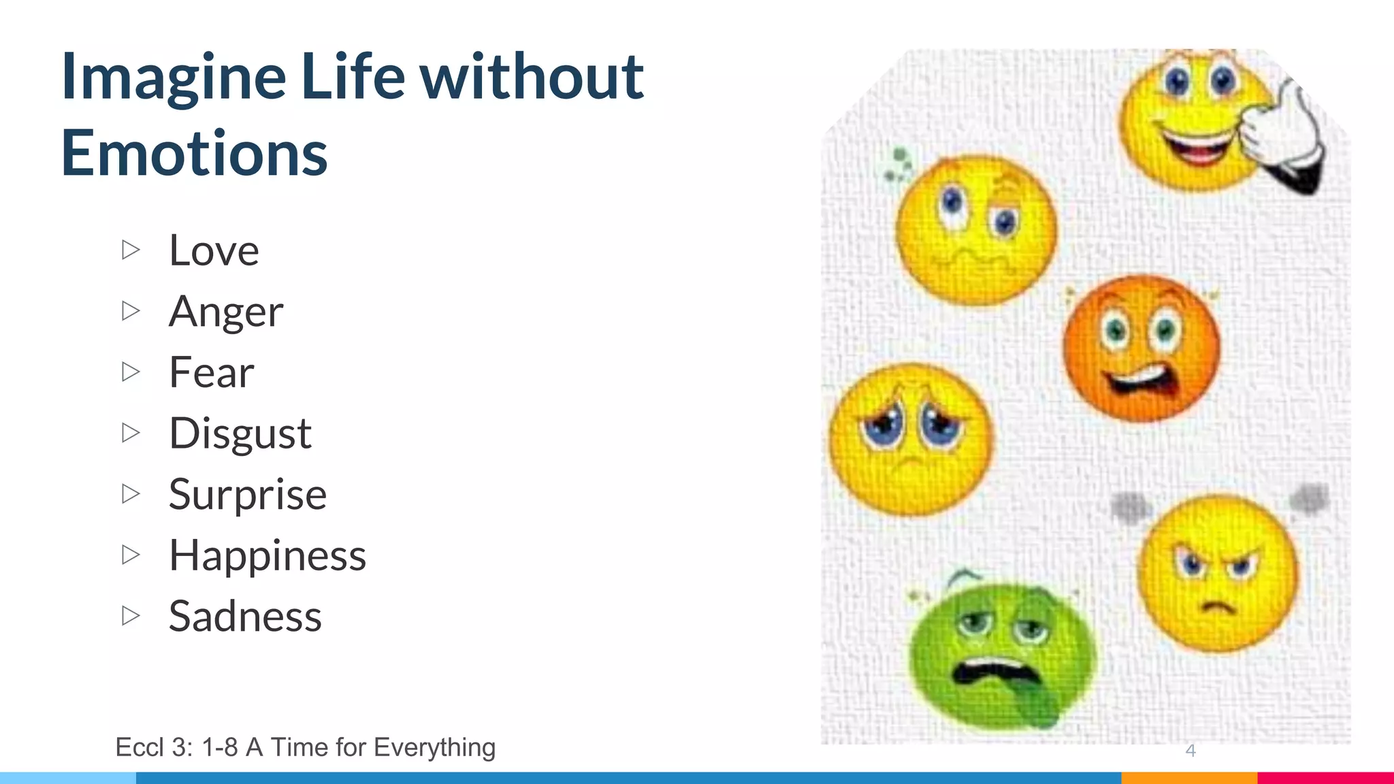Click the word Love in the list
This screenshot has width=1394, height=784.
214,250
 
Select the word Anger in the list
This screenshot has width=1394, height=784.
225,312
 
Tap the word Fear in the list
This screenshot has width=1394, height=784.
211,372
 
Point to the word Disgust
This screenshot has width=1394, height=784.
240,434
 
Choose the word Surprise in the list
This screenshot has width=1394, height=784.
247,495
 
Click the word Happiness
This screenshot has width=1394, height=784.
267,555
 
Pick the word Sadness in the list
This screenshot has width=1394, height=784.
245,617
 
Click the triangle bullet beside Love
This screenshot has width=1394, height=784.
131,250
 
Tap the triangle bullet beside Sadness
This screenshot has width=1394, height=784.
131,616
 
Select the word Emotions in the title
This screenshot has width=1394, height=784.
195,153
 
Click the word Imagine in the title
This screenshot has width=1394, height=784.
174,77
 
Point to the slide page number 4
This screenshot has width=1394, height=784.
1190,750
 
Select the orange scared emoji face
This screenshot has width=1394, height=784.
1141,348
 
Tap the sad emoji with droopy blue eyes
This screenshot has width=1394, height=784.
911,439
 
